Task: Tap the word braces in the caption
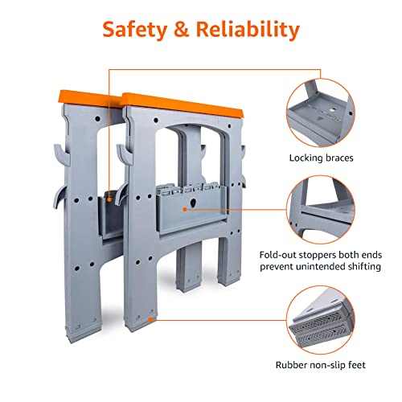pos(348,158)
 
